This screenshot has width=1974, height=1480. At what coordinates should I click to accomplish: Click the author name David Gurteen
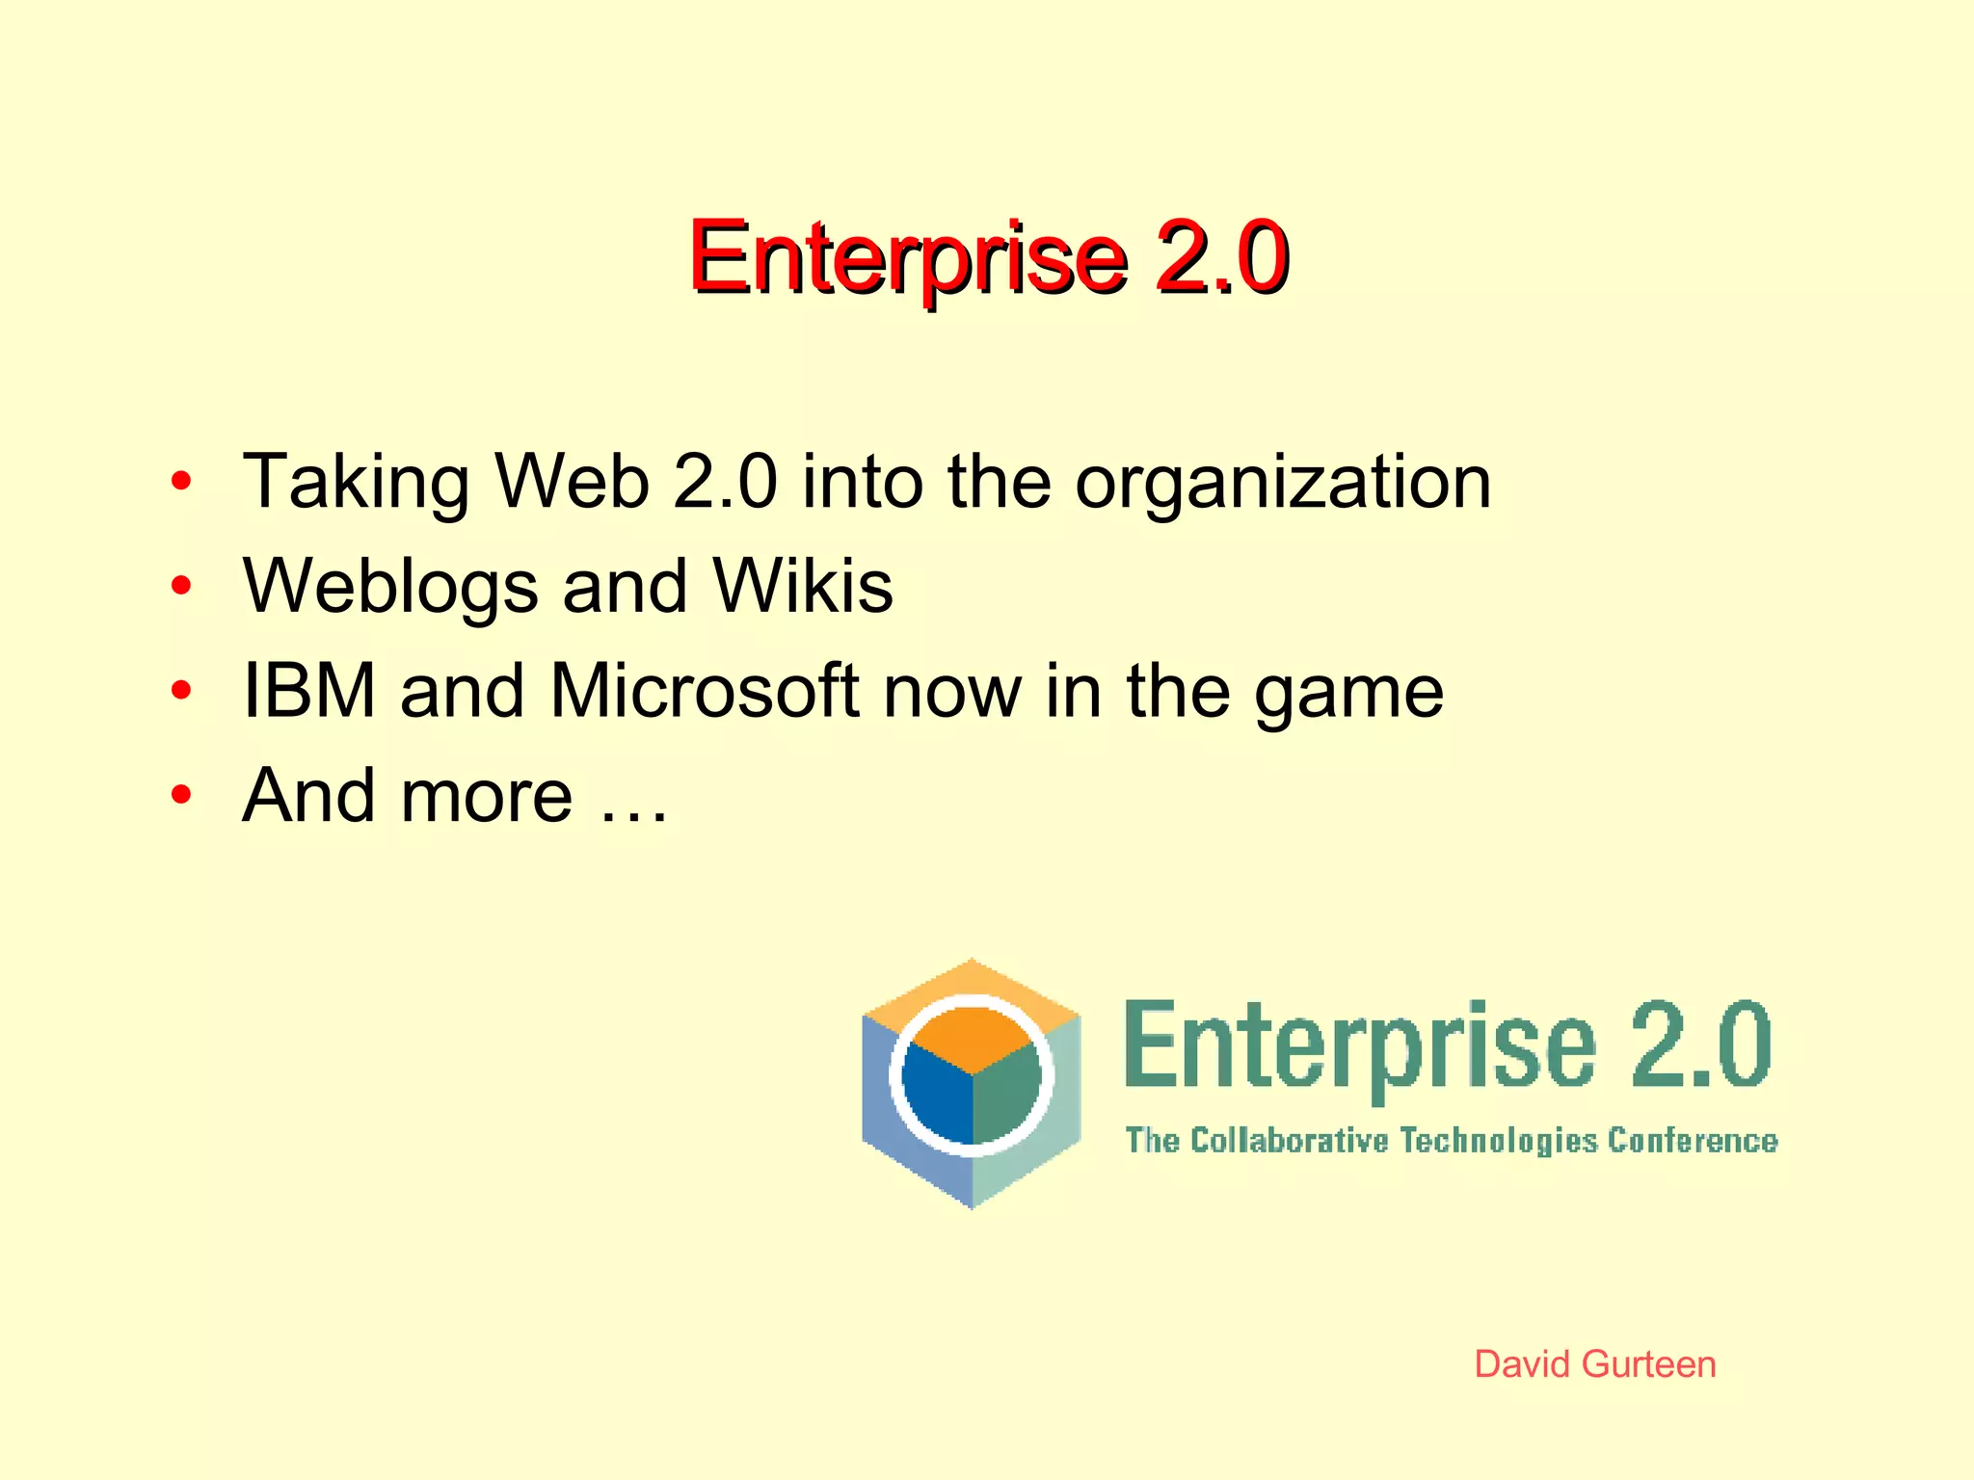pyautogui.click(x=1595, y=1364)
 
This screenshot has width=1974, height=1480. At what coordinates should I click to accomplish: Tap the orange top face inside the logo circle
pyautogui.click(x=972, y=1036)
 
